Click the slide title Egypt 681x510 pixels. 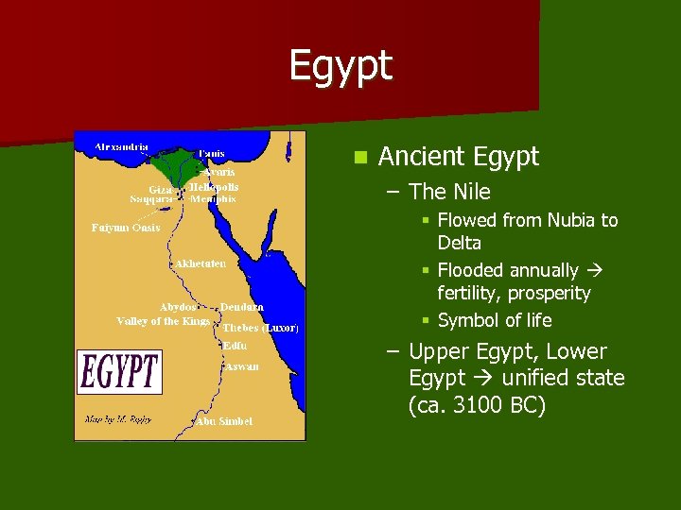340,66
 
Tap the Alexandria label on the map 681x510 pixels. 121,147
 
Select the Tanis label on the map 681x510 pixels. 212,153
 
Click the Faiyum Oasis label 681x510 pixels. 126,228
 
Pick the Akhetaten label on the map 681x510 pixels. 200,263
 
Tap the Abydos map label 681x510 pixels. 178,307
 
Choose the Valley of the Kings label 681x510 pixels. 163,321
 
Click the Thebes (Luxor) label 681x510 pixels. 261,328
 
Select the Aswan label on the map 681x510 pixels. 241,366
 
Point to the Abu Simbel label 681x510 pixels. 226,421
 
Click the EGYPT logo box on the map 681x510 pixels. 119,372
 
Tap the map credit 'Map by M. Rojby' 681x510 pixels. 119,418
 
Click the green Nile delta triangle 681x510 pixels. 183,165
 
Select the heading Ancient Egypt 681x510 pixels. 458,157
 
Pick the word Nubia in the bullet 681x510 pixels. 570,220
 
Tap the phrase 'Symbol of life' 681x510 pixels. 495,320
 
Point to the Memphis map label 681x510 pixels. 215,199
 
